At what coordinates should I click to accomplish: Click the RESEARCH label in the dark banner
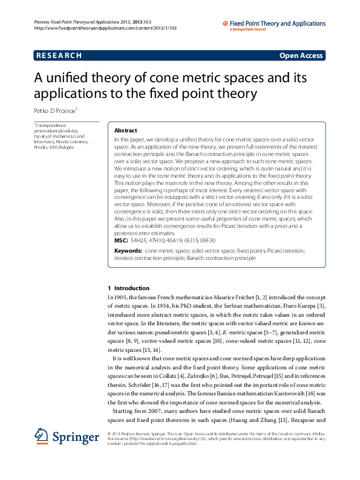click(x=59, y=56)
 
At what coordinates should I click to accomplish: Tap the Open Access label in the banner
click(x=301, y=56)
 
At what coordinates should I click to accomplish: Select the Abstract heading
click(x=125, y=131)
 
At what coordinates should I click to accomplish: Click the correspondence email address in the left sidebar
click(x=56, y=130)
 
